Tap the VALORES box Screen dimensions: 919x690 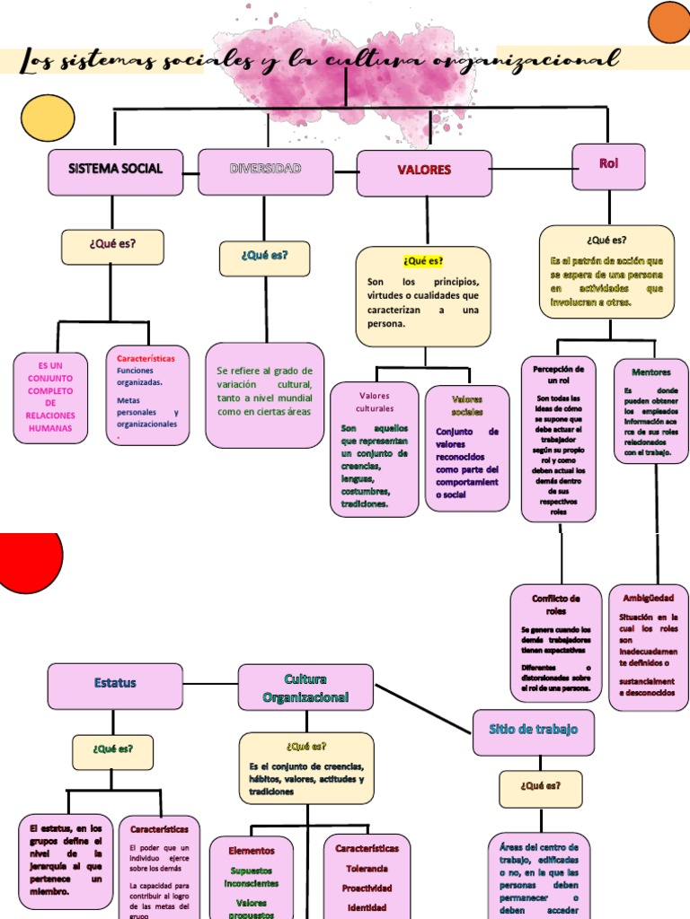tap(424, 172)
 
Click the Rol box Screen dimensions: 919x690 tap(608, 166)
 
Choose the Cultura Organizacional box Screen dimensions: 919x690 tap(305, 687)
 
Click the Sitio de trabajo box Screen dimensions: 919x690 tap(533, 731)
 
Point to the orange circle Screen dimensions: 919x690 tap(669, 22)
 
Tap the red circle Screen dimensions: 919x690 tap(27, 560)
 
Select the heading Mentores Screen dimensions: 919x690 tap(650, 372)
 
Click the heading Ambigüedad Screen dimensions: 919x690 tap(648, 598)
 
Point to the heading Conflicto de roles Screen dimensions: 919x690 tap(556, 604)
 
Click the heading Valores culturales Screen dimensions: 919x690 tap(375, 402)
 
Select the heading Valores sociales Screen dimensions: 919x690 tap(467, 406)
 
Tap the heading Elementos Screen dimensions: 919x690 tap(252, 851)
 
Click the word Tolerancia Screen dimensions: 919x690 tap(367, 869)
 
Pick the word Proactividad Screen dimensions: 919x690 tap(367, 888)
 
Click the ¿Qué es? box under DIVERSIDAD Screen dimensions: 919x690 tap(264, 258)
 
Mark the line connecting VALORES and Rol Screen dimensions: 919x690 tap(532, 168)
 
